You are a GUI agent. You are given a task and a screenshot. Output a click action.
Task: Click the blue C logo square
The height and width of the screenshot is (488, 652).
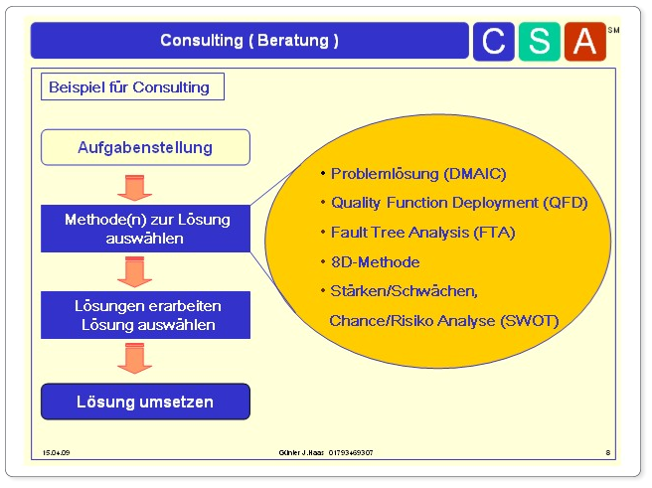click(x=494, y=42)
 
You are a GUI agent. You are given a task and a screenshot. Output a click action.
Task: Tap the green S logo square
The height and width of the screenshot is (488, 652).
click(x=540, y=42)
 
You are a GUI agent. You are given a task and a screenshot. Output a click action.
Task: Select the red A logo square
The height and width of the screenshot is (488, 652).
click(x=585, y=42)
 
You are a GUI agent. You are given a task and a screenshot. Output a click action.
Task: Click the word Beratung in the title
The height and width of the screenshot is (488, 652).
click(x=293, y=41)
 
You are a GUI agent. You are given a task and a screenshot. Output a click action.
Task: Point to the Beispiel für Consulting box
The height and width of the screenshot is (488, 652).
click(x=132, y=86)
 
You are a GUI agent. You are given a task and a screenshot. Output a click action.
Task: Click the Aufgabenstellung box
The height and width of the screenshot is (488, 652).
click(x=145, y=147)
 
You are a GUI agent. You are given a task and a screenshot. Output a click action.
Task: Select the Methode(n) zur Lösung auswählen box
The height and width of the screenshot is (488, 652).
click(x=145, y=229)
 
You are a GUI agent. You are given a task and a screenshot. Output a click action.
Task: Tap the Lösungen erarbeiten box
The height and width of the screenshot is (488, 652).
click(x=145, y=315)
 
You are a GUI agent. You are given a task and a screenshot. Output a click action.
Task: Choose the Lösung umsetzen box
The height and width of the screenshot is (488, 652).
click(x=145, y=402)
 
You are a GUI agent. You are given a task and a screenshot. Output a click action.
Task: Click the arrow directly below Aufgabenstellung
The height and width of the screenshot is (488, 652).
click(x=135, y=188)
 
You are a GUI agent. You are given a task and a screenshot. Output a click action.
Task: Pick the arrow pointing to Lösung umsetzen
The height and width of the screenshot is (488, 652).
click(x=135, y=359)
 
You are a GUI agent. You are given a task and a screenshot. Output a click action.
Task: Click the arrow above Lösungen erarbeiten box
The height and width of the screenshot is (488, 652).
click(x=135, y=272)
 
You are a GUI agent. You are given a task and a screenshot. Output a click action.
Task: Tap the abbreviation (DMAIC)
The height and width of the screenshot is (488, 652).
click(x=475, y=174)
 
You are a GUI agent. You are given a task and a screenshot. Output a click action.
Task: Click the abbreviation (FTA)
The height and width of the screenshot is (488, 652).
click(x=494, y=233)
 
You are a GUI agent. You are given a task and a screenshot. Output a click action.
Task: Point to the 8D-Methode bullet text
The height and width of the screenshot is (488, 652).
click(x=375, y=262)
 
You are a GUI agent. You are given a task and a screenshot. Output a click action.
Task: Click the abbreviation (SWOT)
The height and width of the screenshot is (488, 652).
click(x=530, y=321)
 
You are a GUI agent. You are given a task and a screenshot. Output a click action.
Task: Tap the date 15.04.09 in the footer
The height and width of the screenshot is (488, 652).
click(x=56, y=452)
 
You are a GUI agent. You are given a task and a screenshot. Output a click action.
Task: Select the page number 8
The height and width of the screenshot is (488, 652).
click(x=608, y=452)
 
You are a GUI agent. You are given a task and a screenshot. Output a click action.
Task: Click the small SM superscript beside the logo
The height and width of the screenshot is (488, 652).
click(x=613, y=30)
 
